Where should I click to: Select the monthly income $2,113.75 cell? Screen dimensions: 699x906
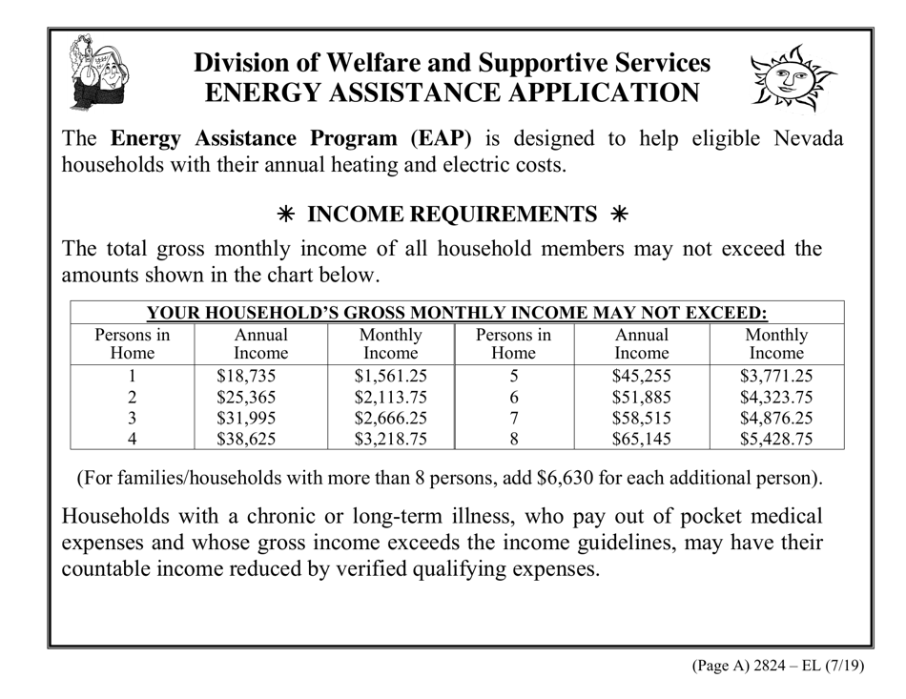point(390,397)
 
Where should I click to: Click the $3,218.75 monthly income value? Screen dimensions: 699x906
point(390,439)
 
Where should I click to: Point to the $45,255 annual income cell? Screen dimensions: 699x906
point(641,376)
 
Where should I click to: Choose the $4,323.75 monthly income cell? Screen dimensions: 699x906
point(776,397)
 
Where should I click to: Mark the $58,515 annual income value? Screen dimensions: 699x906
point(641,418)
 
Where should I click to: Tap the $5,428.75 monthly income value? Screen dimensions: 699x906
point(776,439)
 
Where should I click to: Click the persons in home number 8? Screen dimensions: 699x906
point(513,439)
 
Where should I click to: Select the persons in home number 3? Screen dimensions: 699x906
point(133,418)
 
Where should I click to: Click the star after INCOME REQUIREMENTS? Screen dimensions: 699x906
point(618,215)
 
